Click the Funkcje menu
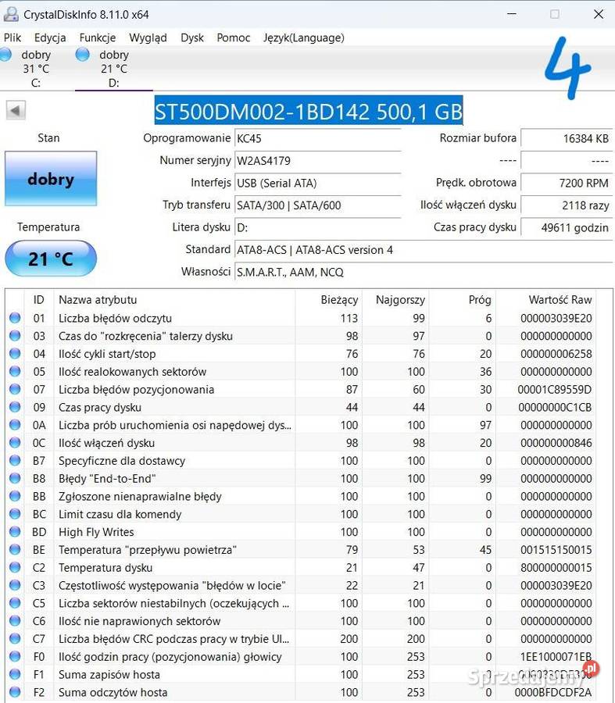(97, 37)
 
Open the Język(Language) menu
(303, 37)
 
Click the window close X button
(599, 14)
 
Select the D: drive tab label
(114, 82)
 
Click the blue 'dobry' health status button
(51, 179)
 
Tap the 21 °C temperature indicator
(51, 259)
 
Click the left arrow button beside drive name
(16, 110)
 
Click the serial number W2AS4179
(264, 160)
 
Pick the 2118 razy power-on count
(585, 205)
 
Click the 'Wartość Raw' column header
(560, 299)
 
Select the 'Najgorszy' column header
(400, 299)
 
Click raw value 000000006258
(556, 354)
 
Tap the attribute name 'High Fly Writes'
(96, 532)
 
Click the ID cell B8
(39, 479)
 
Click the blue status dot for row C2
(15, 568)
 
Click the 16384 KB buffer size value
(586, 138)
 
